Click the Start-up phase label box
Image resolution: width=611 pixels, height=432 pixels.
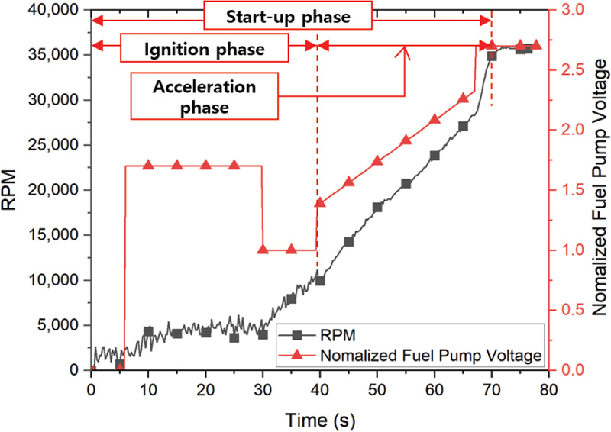coord(288,16)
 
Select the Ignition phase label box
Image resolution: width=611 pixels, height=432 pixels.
coord(205,50)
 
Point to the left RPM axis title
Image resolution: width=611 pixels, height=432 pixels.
coord(14,190)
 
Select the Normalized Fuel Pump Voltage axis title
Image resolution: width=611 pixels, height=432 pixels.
coord(598,190)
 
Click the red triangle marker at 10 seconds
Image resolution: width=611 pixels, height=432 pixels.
coord(148,165)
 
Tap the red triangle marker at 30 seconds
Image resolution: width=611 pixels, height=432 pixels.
coord(263,250)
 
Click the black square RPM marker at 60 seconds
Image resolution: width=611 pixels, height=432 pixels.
coord(435,156)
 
